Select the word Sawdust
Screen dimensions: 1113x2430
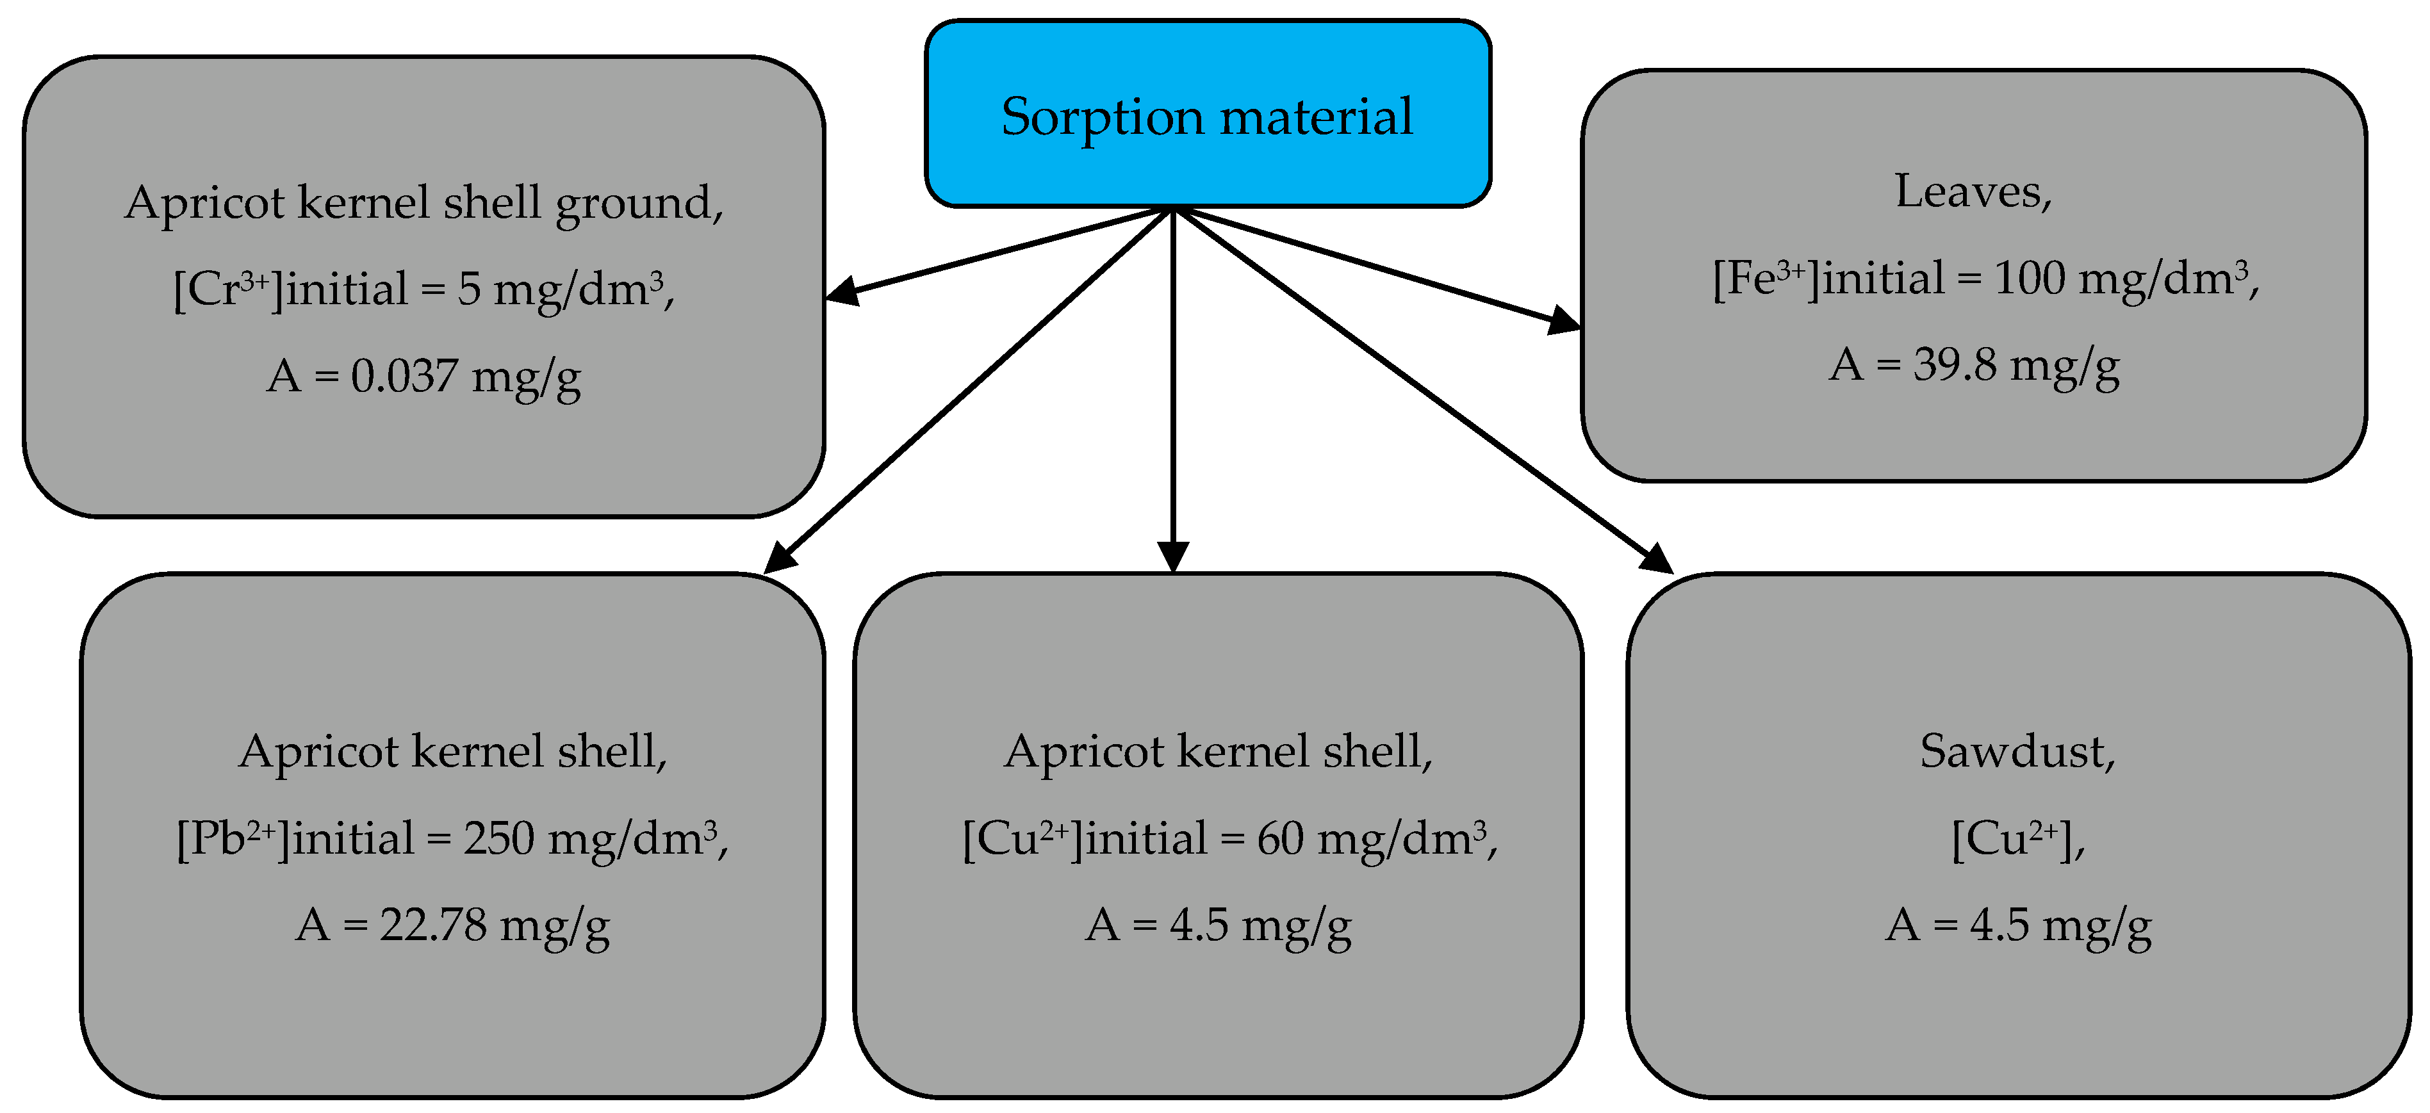coord(2017,752)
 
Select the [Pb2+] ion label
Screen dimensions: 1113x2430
coord(232,838)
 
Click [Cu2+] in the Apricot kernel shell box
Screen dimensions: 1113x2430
coord(1022,838)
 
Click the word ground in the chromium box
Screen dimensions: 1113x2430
coord(637,204)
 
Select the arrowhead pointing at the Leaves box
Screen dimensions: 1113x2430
coord(1564,321)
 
